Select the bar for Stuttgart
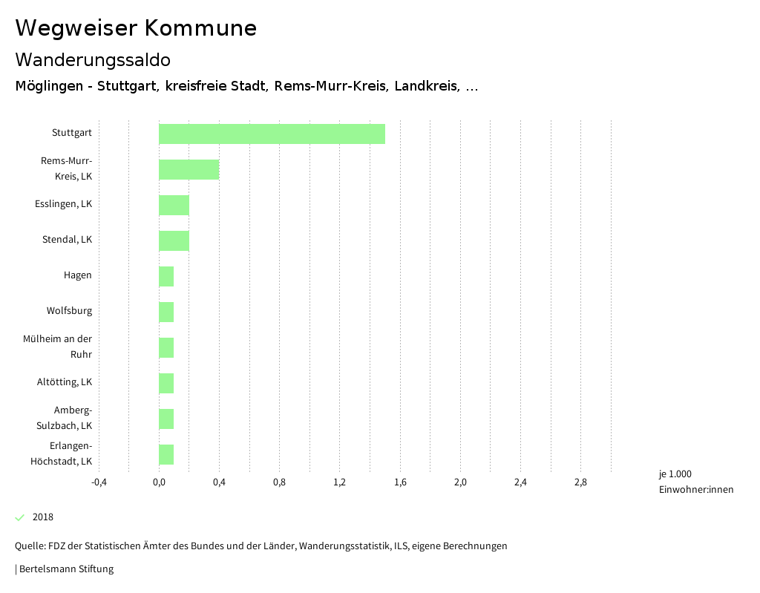tap(272, 134)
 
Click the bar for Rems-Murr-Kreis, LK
tap(189, 169)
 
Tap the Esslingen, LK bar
tap(174, 205)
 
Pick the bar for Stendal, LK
tap(174, 240)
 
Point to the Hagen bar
tap(166, 276)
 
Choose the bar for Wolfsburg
tap(166, 312)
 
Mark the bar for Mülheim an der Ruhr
tap(166, 347)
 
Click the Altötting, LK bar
tap(166, 383)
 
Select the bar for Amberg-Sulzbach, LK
tap(166, 419)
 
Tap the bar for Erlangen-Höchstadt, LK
tap(166, 454)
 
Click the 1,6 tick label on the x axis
tap(400, 482)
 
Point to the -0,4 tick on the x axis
tap(99, 482)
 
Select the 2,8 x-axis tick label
tap(580, 482)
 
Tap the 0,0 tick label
tap(159, 482)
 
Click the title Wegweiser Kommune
tap(136, 28)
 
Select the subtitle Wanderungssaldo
tap(93, 59)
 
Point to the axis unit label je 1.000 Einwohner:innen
tap(695, 482)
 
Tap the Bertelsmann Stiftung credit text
tap(65, 569)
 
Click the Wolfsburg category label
tap(69, 311)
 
